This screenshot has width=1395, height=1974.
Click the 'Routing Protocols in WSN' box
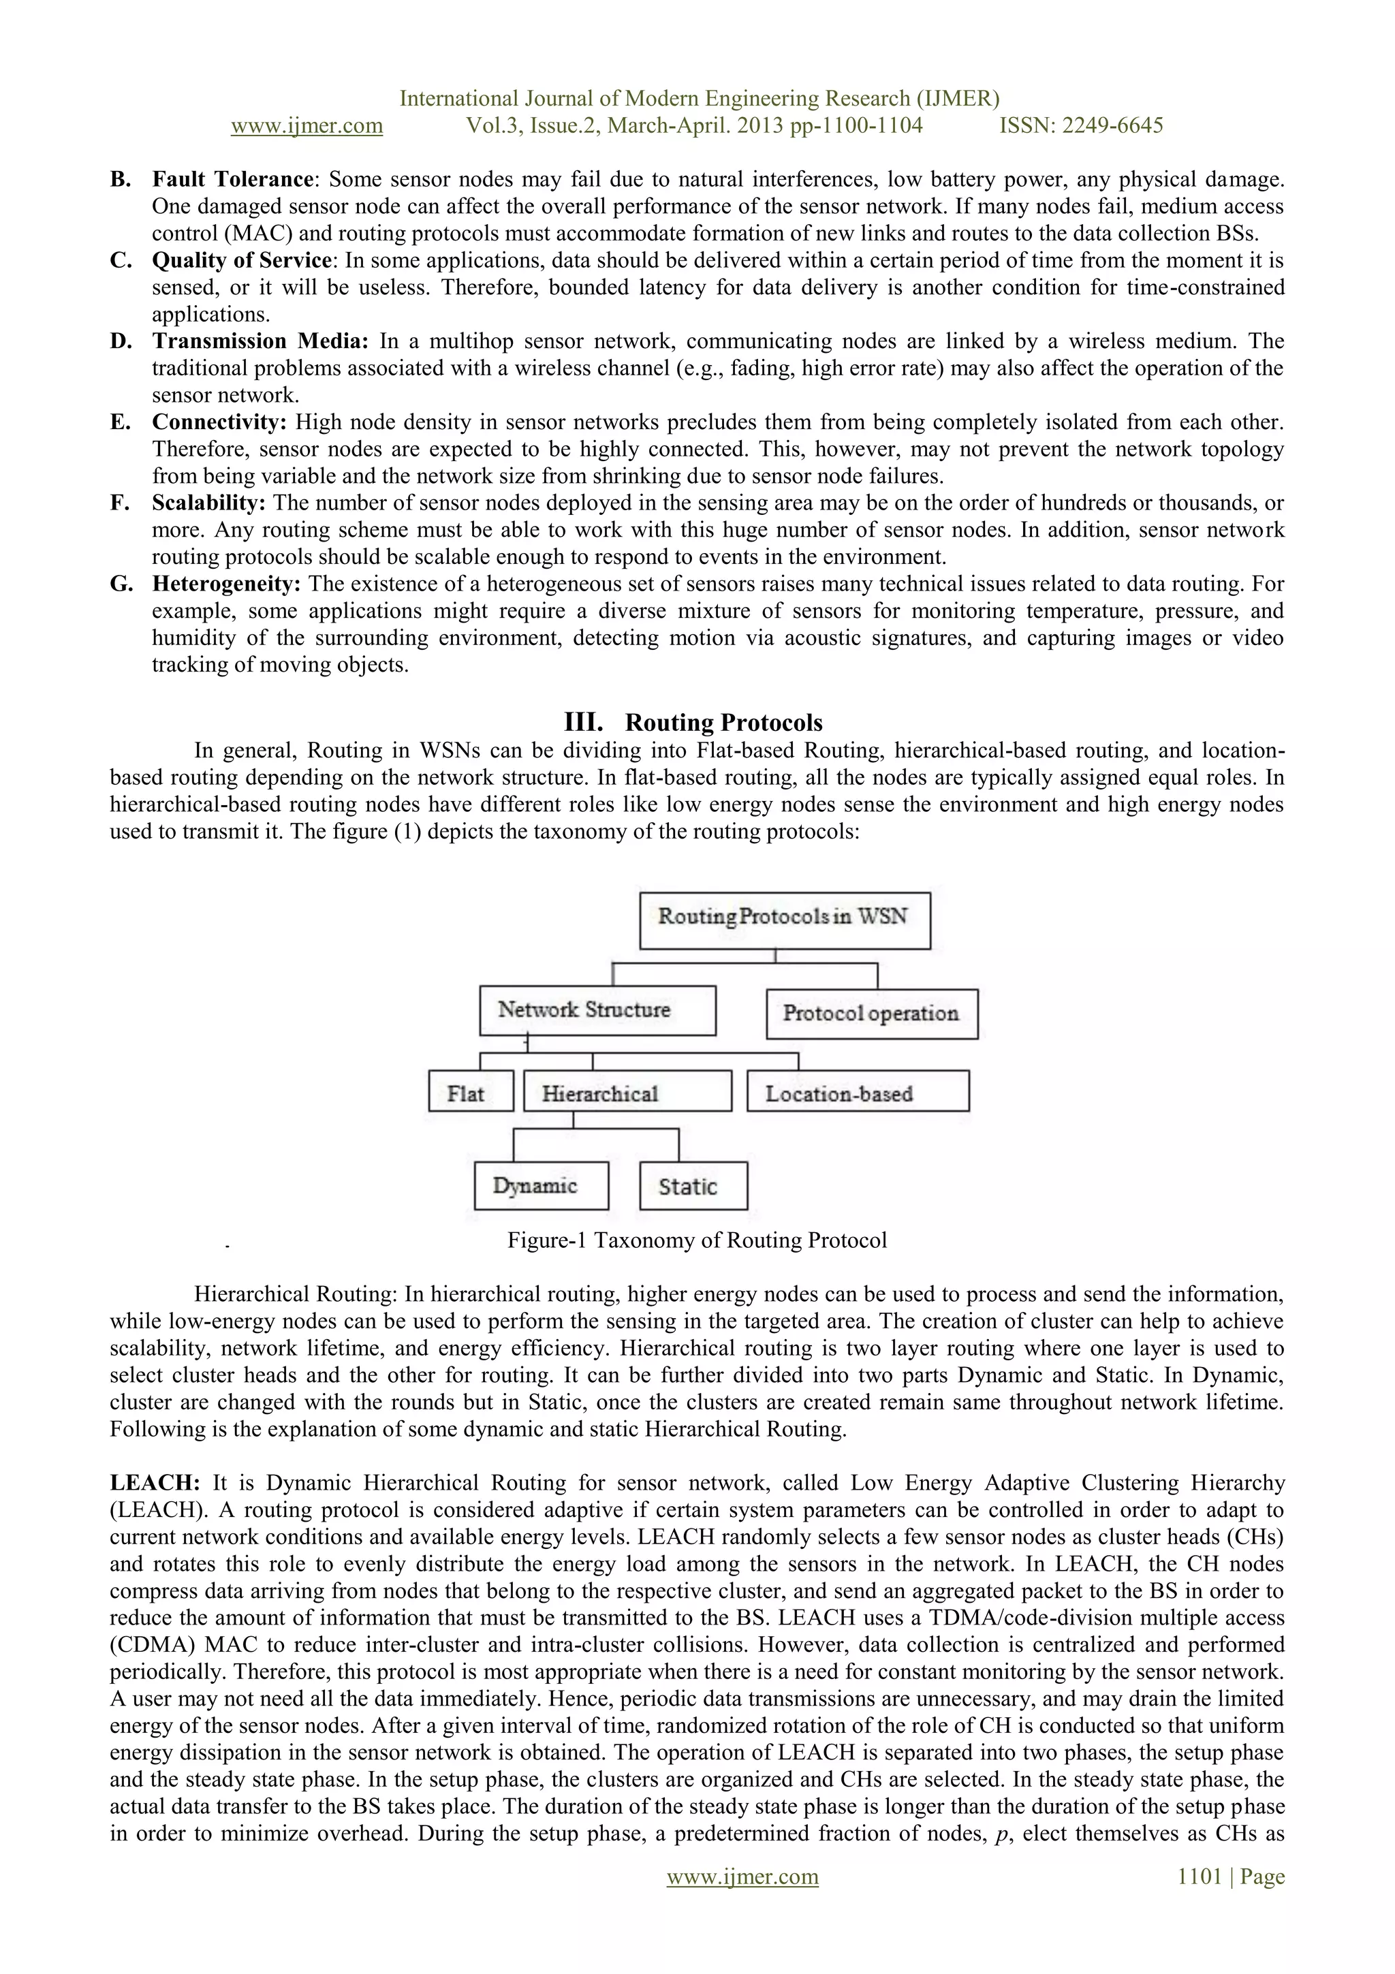tap(784, 920)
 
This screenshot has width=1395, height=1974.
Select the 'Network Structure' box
tap(597, 1010)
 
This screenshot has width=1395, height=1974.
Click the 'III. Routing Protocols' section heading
tap(693, 722)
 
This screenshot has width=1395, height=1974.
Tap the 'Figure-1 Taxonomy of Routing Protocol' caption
tap(696, 1240)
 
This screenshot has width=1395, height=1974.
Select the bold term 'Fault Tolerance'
tap(232, 180)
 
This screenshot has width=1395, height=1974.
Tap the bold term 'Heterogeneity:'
tap(226, 584)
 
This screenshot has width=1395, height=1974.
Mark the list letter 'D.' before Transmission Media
tap(121, 341)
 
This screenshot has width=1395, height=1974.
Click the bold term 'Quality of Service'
tap(242, 260)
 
